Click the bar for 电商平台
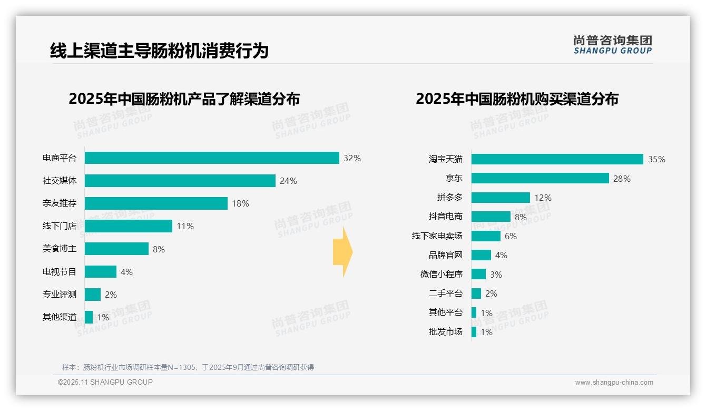point(212,158)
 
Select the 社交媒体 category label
point(60,181)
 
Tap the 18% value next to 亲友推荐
point(241,203)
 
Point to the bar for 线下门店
point(129,226)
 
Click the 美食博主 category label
point(60,249)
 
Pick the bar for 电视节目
point(101,272)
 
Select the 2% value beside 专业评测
point(111,295)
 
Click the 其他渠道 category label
point(60,317)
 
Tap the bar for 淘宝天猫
point(557,159)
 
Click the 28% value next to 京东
point(622,179)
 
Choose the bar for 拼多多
point(501,198)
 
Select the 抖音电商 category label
point(446,217)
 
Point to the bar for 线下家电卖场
point(486,236)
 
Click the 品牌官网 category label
point(446,255)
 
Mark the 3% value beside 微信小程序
point(496,275)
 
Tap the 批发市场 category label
point(446,331)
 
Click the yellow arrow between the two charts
point(343,252)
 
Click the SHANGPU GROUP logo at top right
point(612,45)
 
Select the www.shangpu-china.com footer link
point(614,383)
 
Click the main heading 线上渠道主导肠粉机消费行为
point(159,51)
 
